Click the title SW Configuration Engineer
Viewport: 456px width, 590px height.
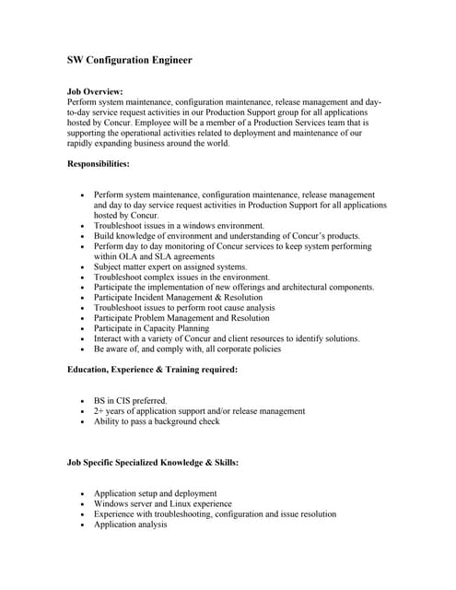(130, 61)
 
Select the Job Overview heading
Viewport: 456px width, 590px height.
(95, 92)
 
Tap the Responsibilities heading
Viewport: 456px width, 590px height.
(99, 163)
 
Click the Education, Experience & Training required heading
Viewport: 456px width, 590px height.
(153, 370)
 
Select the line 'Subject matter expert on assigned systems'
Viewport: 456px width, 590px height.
(170, 267)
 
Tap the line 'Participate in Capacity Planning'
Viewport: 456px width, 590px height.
(151, 328)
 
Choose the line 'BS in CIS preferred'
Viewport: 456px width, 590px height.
(130, 401)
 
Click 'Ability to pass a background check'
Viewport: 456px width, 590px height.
(157, 421)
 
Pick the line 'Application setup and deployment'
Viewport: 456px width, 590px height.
(155, 494)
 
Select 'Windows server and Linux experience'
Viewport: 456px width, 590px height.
(162, 504)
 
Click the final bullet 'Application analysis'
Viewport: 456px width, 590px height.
(130, 525)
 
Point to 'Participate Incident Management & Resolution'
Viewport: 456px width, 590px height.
(178, 298)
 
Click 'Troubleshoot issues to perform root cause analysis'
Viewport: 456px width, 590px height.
(184, 308)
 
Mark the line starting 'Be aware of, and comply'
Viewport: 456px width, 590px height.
(187, 349)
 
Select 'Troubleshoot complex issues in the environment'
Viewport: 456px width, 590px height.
(181, 277)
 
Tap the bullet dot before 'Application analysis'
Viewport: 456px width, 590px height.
(83, 525)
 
